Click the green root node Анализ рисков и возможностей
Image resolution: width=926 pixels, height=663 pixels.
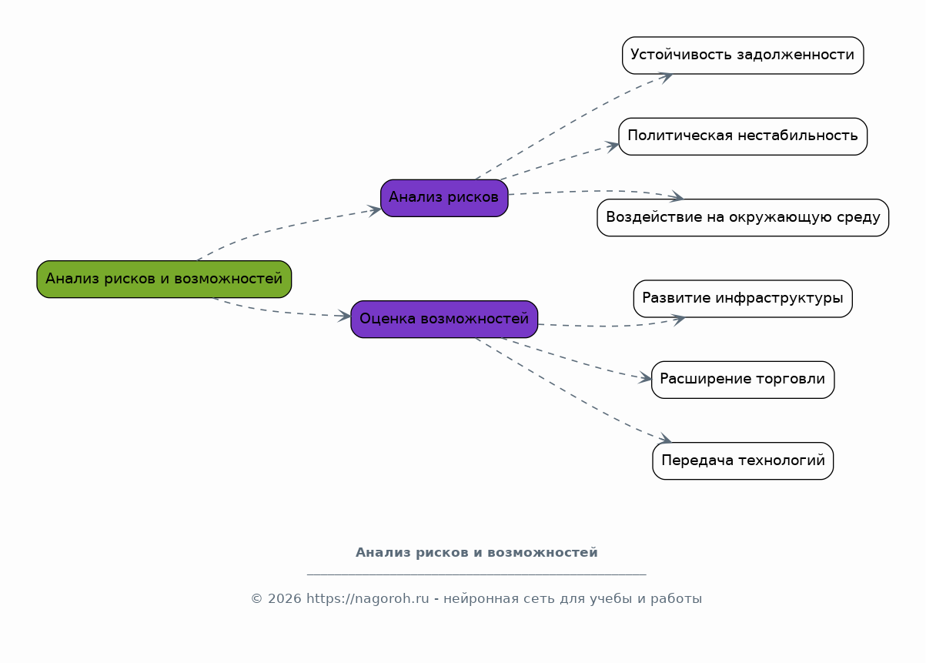[164, 280]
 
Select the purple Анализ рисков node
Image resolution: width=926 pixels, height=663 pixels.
[444, 198]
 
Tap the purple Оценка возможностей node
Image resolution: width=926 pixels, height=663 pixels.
[444, 320]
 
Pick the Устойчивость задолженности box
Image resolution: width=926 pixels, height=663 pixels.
[743, 55]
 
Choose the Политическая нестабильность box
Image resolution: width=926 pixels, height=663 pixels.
[743, 136]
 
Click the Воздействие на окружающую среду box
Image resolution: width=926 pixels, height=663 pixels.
[743, 218]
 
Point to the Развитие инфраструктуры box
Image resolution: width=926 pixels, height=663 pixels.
[743, 299]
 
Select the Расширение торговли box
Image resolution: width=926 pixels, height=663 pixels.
[743, 380]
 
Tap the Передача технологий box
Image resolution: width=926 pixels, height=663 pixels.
[743, 460]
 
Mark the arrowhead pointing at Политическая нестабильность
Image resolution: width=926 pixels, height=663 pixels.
[612, 146]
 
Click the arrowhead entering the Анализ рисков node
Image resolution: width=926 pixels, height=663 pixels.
[374, 210]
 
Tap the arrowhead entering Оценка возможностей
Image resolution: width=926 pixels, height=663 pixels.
[344, 316]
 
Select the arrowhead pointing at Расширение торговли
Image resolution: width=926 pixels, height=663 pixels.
[645, 378]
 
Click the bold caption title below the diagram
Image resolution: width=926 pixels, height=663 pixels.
[476, 553]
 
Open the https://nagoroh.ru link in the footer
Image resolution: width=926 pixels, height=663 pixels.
[367, 598]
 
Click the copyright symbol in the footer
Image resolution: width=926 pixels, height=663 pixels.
[257, 599]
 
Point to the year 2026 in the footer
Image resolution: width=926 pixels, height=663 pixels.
[284, 599]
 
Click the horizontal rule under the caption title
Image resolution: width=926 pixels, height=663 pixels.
[476, 574]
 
